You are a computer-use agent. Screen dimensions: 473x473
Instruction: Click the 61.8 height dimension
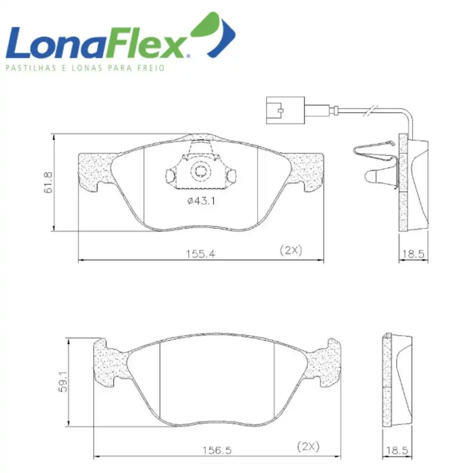[x=48, y=183]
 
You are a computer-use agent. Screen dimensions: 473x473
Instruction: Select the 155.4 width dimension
[x=200, y=254]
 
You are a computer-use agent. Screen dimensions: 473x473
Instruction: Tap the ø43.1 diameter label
[x=201, y=201]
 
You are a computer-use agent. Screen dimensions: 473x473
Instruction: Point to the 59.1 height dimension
[x=63, y=382]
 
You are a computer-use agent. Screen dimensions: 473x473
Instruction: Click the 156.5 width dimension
[x=217, y=450]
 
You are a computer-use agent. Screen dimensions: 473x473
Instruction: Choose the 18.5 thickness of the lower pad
[x=397, y=450]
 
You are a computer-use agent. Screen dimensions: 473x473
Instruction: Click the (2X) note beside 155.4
[x=291, y=250]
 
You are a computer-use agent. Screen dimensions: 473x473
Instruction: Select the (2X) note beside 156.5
[x=308, y=447]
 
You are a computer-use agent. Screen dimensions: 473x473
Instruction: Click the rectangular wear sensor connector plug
[x=285, y=110]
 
